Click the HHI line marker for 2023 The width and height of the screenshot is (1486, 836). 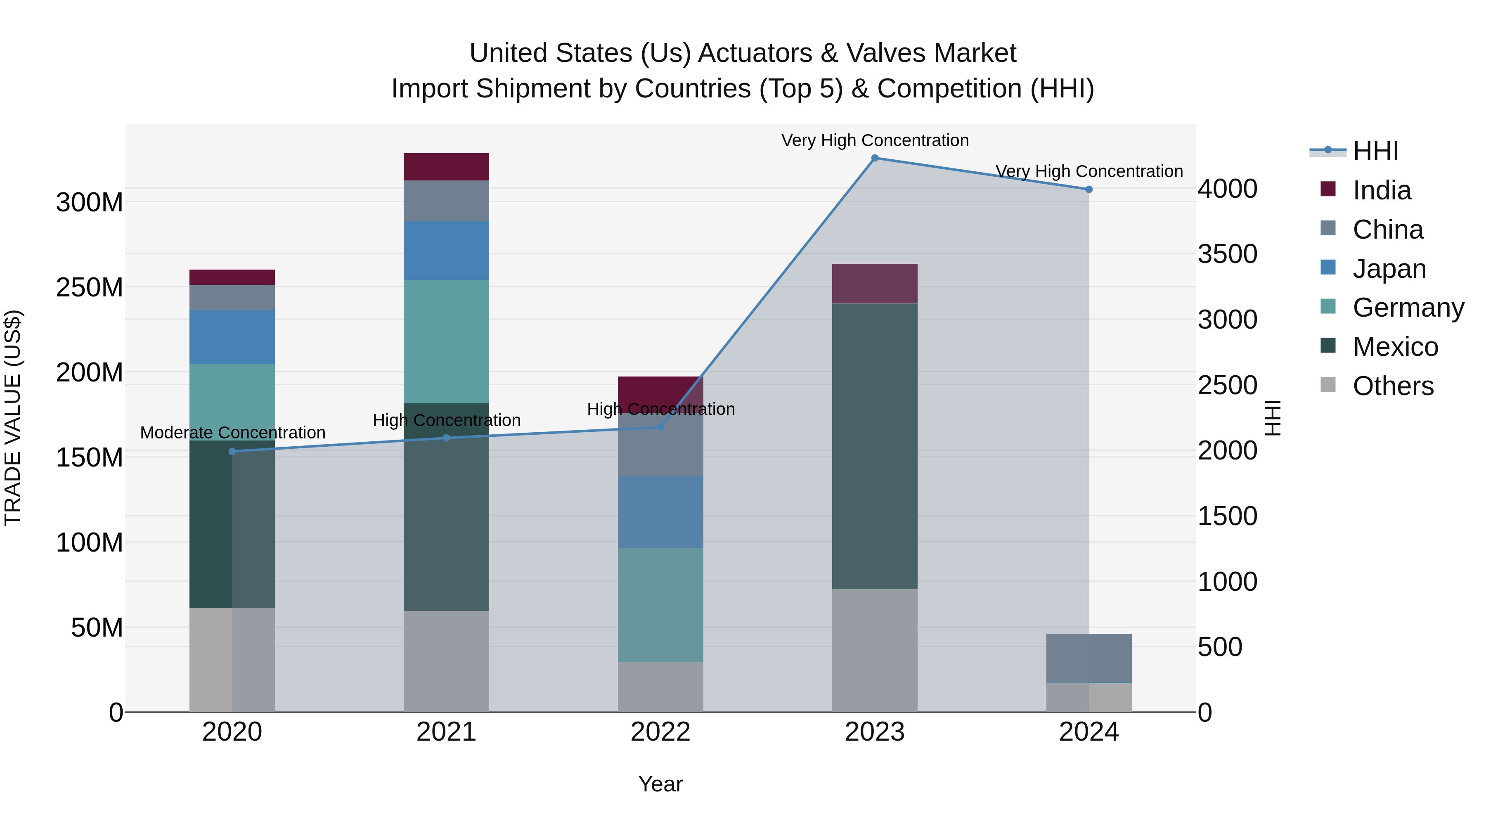[x=875, y=158]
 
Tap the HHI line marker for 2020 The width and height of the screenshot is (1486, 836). [x=232, y=452]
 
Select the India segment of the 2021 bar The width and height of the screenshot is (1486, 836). [x=446, y=167]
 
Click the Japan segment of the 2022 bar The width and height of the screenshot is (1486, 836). [x=660, y=512]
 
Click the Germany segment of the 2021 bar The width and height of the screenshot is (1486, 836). [x=446, y=341]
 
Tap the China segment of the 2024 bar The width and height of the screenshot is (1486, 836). [x=1088, y=658]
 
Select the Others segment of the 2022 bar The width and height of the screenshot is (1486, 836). [x=660, y=687]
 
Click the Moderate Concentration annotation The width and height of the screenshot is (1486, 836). [x=232, y=433]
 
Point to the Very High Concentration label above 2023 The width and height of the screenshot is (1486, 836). [x=875, y=141]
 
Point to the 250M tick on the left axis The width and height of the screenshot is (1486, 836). [x=90, y=287]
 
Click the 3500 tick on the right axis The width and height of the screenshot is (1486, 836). [x=1228, y=254]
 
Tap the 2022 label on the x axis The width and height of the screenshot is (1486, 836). [x=660, y=732]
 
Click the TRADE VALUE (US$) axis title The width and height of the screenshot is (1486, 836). [x=13, y=418]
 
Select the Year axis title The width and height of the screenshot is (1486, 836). [x=660, y=784]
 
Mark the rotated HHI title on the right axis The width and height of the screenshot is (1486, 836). [x=1273, y=418]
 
